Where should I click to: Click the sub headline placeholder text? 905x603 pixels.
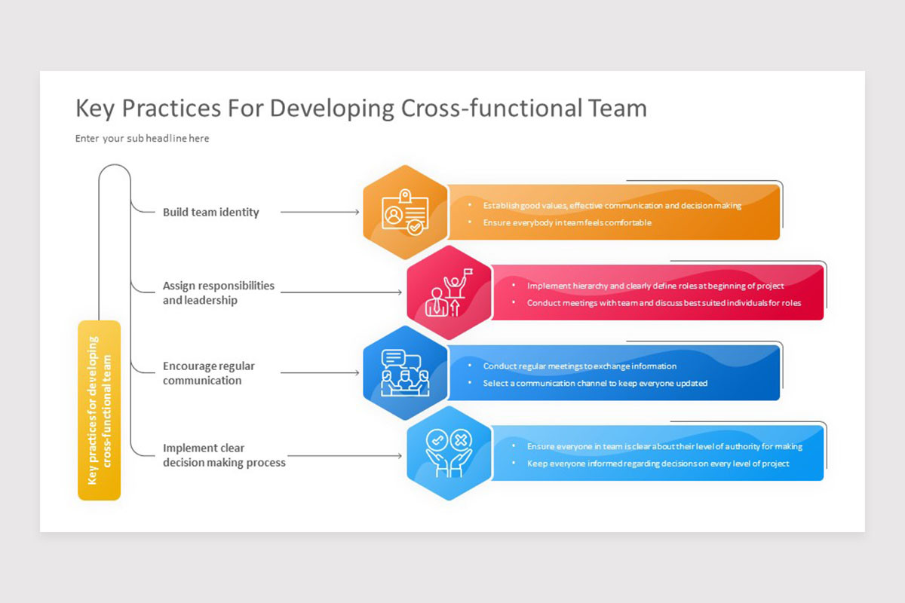(x=143, y=139)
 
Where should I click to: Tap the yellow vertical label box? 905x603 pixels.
(x=99, y=410)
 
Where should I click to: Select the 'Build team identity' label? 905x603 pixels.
(x=210, y=213)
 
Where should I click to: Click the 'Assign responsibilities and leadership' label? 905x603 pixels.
(x=218, y=293)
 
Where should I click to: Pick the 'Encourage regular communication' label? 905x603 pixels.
(x=208, y=373)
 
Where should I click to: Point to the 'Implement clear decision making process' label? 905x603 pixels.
(x=224, y=455)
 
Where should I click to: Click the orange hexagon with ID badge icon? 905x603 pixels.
(x=406, y=213)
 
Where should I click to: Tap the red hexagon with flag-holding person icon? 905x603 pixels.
(x=449, y=292)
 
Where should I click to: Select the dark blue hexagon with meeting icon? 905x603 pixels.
(x=406, y=372)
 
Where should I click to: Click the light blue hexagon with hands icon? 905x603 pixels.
(x=449, y=453)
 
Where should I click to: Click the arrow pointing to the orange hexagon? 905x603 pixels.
(x=320, y=213)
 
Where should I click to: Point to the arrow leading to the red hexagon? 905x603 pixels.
(x=343, y=292)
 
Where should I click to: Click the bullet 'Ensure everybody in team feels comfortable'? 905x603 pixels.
(x=567, y=223)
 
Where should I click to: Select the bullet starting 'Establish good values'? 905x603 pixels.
(x=612, y=205)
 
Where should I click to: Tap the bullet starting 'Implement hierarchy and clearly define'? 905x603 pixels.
(x=655, y=286)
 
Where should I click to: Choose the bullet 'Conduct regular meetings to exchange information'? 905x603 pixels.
(x=579, y=366)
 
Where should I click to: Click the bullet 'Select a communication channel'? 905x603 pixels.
(x=595, y=383)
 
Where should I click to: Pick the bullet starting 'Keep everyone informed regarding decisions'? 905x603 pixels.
(x=658, y=464)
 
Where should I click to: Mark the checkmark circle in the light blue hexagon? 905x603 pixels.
(x=437, y=439)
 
